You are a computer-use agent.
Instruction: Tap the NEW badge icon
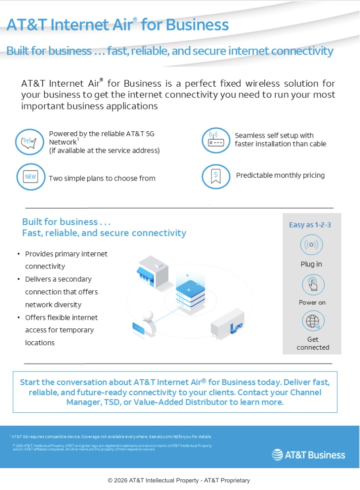(x=30, y=177)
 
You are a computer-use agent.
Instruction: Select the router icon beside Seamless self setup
(x=216, y=141)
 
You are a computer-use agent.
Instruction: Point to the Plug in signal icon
(x=311, y=245)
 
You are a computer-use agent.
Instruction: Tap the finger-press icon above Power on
(x=313, y=285)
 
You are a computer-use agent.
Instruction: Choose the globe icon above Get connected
(x=313, y=321)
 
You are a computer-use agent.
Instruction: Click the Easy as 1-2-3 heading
(x=310, y=225)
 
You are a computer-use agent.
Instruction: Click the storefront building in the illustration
(x=151, y=271)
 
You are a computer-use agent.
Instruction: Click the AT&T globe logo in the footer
(x=277, y=455)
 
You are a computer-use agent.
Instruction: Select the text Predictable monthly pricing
(x=280, y=175)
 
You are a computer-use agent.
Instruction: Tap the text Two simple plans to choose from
(x=102, y=178)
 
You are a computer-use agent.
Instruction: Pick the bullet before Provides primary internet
(x=18, y=254)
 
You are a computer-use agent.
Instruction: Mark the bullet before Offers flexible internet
(x=18, y=318)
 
